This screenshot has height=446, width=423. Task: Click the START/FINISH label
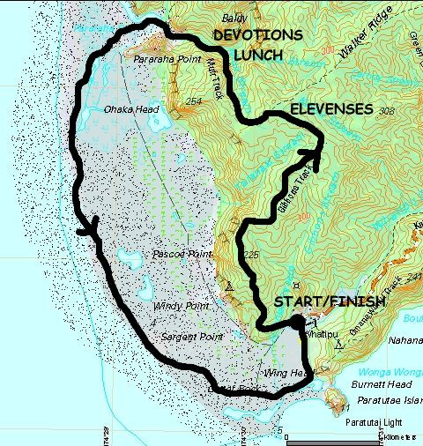pos(330,302)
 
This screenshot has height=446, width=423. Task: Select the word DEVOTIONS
pos(259,34)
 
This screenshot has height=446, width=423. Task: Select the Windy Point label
pos(181,306)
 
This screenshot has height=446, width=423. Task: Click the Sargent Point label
pos(187,338)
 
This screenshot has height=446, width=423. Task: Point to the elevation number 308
pos(385,112)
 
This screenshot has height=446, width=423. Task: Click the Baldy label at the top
pos(233,17)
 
